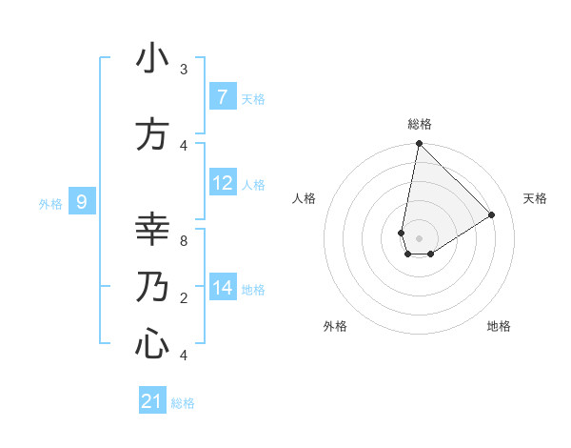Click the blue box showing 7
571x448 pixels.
coord(222,96)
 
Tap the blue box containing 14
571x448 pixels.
coord(222,287)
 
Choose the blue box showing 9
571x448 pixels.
coord(83,201)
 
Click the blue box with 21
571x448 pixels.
coord(152,401)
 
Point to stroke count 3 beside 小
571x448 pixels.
coord(184,70)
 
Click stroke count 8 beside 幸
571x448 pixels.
coord(184,241)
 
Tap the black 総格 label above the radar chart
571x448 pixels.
coord(419,124)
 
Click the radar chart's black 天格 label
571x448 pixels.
coord(535,198)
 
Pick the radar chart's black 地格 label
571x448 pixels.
coord(499,326)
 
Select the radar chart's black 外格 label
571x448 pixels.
coord(335,326)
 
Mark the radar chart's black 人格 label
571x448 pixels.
coord(304,198)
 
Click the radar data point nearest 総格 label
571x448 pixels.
coord(419,144)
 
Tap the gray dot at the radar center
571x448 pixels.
coord(419,237)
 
